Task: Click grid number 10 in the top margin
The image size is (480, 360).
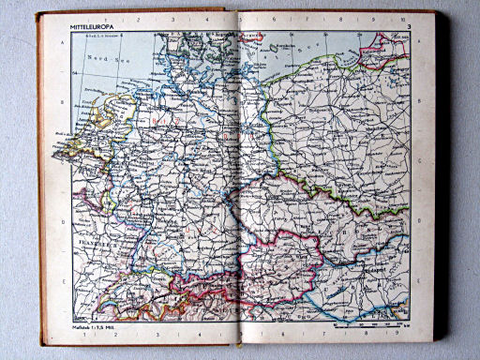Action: click(x=401, y=20)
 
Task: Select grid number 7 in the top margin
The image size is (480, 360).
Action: click(x=318, y=19)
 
